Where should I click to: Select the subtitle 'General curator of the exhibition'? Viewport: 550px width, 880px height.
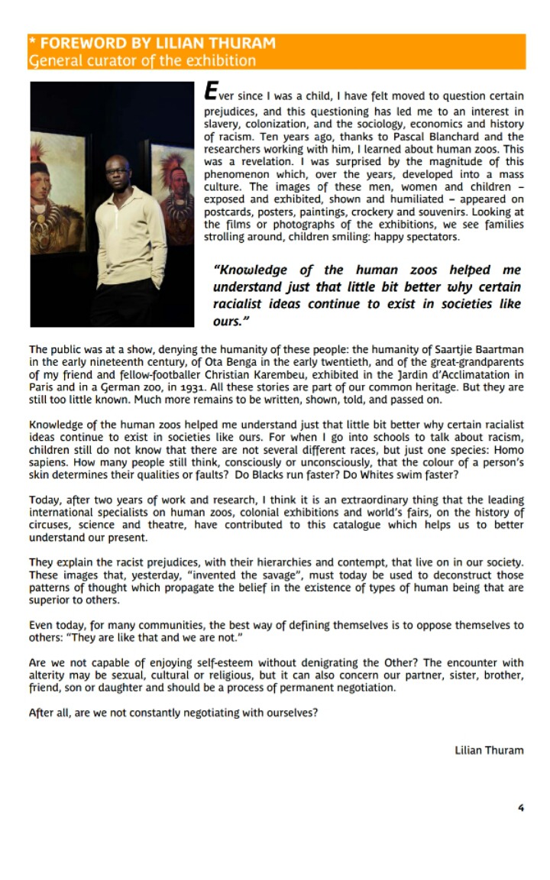(142, 60)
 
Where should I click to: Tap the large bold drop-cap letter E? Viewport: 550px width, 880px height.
(211, 92)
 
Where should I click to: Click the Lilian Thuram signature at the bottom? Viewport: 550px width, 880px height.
(489, 750)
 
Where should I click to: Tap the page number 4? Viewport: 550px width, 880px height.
(520, 807)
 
